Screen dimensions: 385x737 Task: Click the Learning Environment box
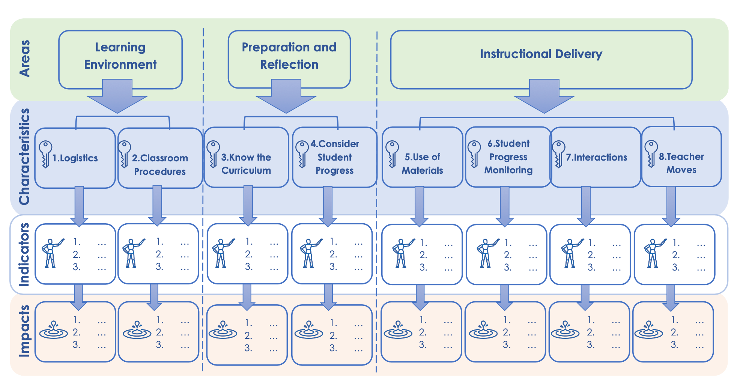point(120,56)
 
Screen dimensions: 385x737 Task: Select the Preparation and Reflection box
point(289,56)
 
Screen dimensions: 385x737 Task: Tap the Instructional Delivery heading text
point(541,54)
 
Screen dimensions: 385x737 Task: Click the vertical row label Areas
point(25,59)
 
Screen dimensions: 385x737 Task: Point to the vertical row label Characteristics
point(25,157)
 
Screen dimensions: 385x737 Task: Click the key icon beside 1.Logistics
point(45,154)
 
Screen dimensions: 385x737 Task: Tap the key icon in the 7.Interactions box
point(558,154)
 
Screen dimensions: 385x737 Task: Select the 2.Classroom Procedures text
point(160,164)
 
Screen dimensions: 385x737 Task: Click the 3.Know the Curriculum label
point(246,164)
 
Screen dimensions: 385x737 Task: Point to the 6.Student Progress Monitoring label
point(508,156)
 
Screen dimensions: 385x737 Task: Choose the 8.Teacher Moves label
point(681,163)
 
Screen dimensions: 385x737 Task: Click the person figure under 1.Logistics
point(51,253)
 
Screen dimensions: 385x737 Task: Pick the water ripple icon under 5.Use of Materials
point(398,330)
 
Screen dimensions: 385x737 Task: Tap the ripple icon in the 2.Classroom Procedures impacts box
point(137,330)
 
